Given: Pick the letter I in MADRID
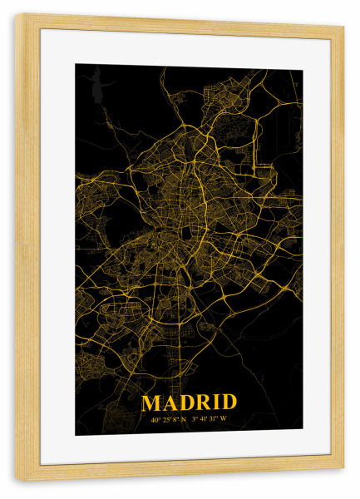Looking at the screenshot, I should (216, 403).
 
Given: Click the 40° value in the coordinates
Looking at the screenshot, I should (155, 420).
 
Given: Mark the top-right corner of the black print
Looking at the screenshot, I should (302, 67).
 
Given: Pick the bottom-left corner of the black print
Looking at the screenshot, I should (76, 435).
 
